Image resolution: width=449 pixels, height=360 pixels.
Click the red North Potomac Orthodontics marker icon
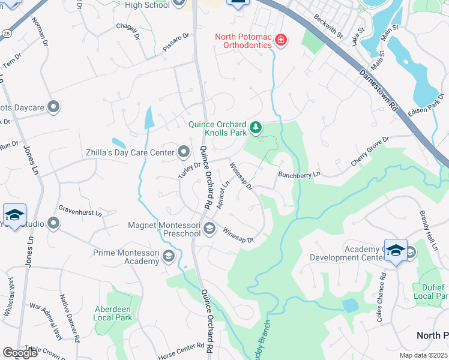pyautogui.click(x=280, y=40)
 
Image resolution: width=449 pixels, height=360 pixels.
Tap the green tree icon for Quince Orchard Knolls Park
pyautogui.click(x=256, y=127)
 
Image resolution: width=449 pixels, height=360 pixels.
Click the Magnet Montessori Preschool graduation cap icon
pyautogui.click(x=209, y=227)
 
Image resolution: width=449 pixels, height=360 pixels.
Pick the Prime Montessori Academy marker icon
pyautogui.click(x=169, y=257)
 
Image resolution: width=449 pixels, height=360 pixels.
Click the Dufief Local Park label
pyautogui.click(x=430, y=292)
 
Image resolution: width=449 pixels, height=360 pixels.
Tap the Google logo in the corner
pyautogui.click(x=20, y=352)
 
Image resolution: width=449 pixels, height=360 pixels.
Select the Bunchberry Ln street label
pyautogui.click(x=300, y=174)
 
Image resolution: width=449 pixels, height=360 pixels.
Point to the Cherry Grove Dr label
pyautogui.click(x=370, y=152)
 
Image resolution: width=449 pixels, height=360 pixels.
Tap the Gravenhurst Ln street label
pyautogui.click(x=80, y=211)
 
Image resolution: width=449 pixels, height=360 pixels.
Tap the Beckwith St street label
pyautogui.click(x=328, y=25)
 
